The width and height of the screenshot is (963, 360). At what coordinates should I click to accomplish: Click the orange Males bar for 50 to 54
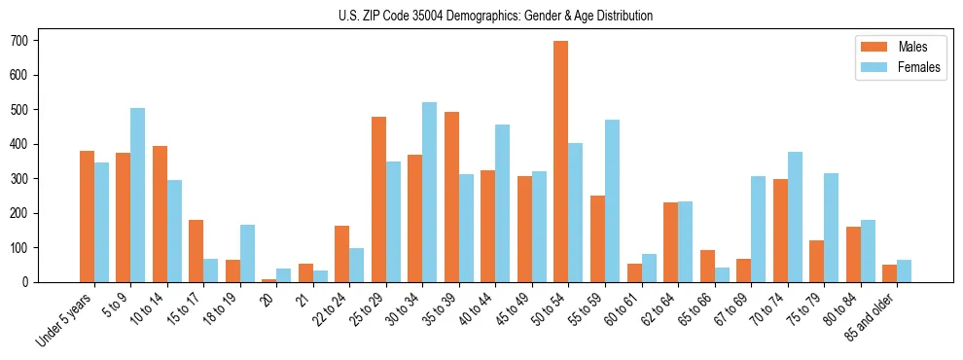tap(561, 162)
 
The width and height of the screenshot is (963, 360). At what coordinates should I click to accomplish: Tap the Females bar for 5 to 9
tap(138, 195)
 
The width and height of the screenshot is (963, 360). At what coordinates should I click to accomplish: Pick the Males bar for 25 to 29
tap(378, 199)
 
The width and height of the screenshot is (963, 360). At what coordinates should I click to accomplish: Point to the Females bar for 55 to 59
tap(612, 200)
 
